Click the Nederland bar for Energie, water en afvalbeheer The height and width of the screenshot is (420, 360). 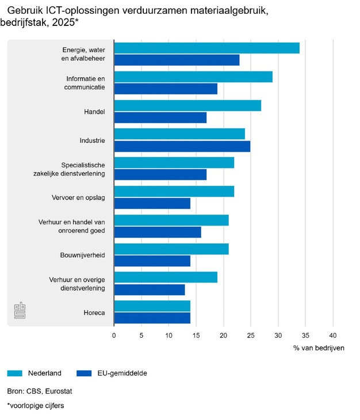207,48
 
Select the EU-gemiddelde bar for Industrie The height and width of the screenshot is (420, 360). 182,146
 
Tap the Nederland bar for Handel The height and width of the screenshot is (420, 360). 187,105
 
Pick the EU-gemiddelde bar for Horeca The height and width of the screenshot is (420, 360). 152,318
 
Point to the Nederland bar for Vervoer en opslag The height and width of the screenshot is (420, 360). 174,192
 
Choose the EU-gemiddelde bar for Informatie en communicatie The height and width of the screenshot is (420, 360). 166,89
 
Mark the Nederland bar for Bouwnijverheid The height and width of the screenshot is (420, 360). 171,249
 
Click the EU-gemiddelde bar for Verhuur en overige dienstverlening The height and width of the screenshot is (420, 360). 150,289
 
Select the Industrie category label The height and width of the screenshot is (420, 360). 92,140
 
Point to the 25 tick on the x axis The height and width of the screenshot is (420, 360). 251,335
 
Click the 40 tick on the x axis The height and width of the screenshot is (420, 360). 333,335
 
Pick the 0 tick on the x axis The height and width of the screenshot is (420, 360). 114,335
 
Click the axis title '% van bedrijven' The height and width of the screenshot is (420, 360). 319,348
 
